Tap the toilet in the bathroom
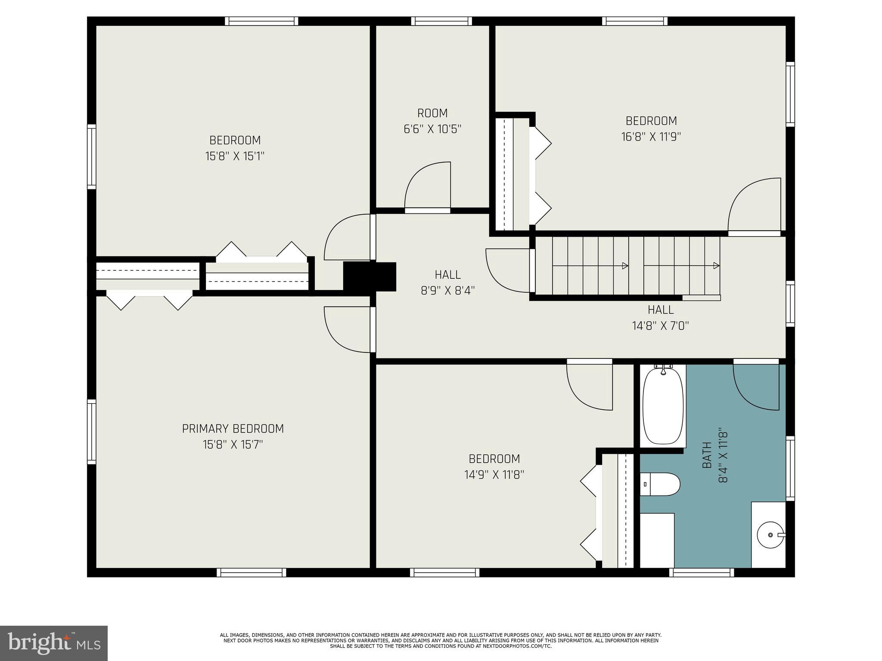[x=660, y=484]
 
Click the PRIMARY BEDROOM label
[x=233, y=429]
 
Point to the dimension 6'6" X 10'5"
[x=432, y=129]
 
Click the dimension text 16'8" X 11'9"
[x=651, y=137]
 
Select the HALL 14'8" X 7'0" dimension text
[x=660, y=326]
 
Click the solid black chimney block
[x=370, y=277]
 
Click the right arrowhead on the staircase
[x=716, y=266]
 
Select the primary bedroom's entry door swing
[x=347, y=329]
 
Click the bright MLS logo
[x=54, y=643]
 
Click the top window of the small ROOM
[x=441, y=21]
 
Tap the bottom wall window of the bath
[x=702, y=572]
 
